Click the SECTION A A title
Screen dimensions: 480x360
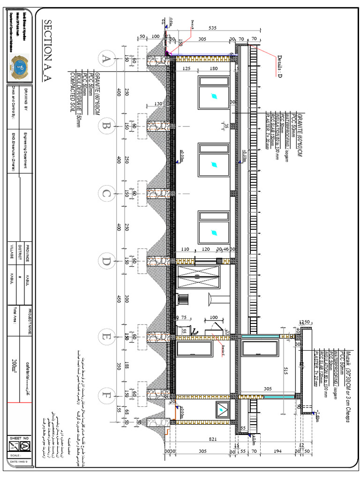click(x=47, y=51)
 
